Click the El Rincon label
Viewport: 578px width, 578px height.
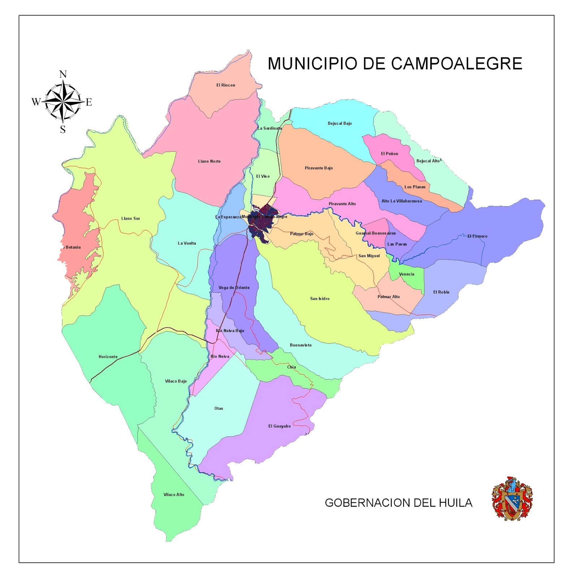pos(226,85)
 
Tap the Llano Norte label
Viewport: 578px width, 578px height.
pos(209,161)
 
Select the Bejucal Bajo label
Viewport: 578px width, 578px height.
pos(340,124)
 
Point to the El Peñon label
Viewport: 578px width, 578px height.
pos(389,154)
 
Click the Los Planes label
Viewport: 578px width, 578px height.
pos(415,187)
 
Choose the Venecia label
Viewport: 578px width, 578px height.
pos(406,274)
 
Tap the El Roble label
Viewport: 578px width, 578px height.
pos(441,292)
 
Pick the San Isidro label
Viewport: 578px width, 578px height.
pos(320,299)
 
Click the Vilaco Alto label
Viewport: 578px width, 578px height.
pos(174,495)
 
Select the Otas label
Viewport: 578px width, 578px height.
pos(219,409)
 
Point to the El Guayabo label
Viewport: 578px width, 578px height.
pos(279,426)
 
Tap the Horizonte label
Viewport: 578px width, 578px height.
pos(108,357)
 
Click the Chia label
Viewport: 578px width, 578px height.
pos(292,367)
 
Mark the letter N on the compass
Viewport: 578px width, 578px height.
pos(63,74)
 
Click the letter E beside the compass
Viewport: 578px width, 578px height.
pos(89,102)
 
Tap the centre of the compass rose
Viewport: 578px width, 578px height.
pos(63,101)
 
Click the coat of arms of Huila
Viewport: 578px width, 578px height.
pos(512,499)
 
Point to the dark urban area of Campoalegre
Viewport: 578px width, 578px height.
pos(262,221)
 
